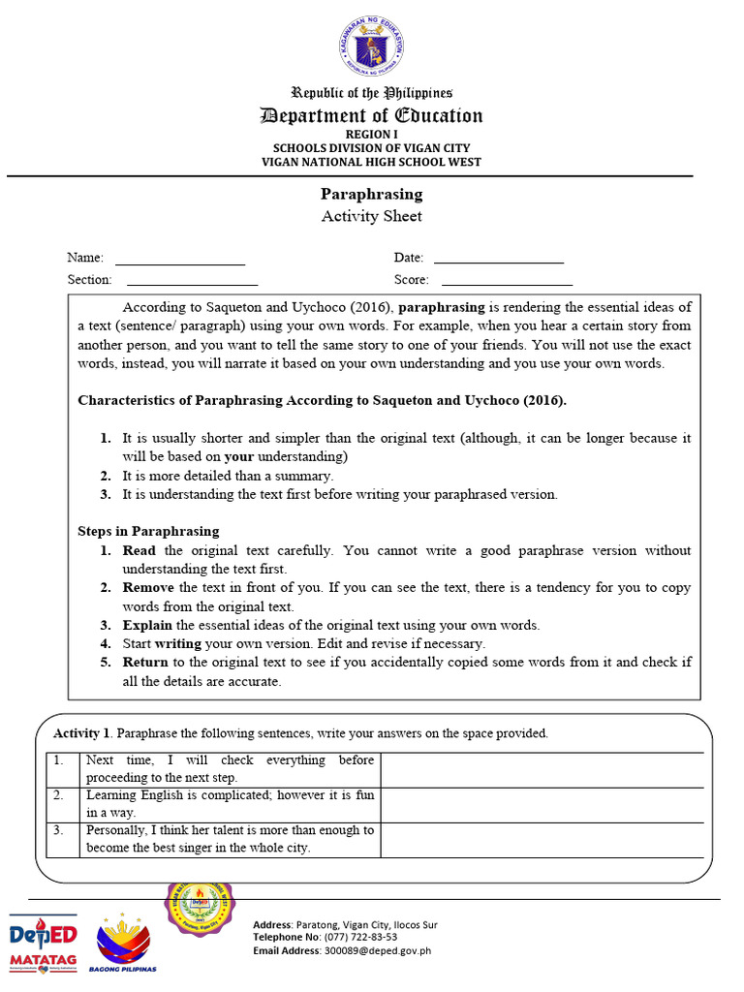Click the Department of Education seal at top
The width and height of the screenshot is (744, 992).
click(372, 47)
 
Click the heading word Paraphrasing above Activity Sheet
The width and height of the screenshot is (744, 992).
click(372, 194)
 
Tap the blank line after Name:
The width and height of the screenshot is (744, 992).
click(180, 263)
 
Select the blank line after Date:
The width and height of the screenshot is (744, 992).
click(498, 262)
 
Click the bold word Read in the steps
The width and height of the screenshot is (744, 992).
click(139, 550)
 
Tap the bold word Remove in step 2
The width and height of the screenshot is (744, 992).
click(148, 588)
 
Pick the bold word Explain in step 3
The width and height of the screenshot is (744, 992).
click(147, 625)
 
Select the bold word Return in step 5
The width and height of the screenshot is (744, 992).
click(145, 663)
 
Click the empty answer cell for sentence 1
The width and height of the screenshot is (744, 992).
click(542, 769)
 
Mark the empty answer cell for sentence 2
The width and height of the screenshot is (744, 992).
click(542, 804)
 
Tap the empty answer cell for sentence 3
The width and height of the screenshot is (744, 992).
click(542, 839)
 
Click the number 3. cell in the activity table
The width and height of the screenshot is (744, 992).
click(60, 830)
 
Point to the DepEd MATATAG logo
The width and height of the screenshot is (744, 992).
click(43, 944)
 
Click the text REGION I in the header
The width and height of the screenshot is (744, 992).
click(371, 134)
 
